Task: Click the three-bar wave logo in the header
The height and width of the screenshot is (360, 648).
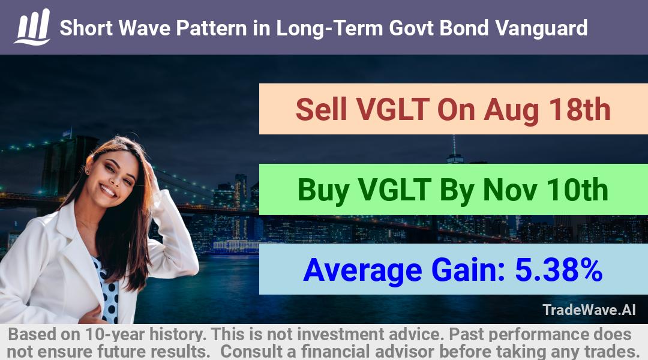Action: coord(32,27)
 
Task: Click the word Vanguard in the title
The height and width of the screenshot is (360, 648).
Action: coord(541,28)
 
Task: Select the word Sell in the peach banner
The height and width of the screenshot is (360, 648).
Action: coord(321,110)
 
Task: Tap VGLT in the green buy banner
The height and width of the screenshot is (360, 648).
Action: coord(394,190)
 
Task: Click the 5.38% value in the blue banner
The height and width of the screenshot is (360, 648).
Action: coord(559,270)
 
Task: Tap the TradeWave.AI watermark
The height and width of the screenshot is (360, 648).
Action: coord(589,310)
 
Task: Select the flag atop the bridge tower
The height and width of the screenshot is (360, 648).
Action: coord(67,133)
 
